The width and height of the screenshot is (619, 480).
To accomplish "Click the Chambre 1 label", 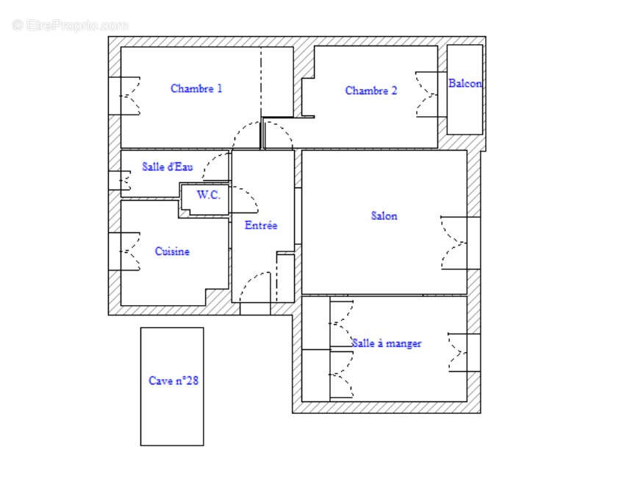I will (x=196, y=89).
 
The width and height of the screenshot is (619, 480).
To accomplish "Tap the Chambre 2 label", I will (x=371, y=91).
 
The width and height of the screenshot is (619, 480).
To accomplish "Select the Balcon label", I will (x=465, y=84).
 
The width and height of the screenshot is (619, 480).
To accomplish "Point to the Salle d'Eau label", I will (x=168, y=167).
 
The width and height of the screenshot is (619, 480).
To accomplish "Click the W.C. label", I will (x=208, y=196).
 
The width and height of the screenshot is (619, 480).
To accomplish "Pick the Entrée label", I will (x=261, y=226).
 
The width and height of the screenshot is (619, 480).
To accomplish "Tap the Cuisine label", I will (x=172, y=251).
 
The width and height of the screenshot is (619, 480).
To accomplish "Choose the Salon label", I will (x=384, y=216).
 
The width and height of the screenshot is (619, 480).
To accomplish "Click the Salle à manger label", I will (x=387, y=343).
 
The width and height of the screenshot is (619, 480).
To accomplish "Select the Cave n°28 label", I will (x=173, y=381).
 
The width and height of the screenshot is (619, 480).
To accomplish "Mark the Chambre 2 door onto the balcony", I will (x=429, y=93).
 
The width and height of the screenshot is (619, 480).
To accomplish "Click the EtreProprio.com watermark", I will (x=70, y=25).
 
